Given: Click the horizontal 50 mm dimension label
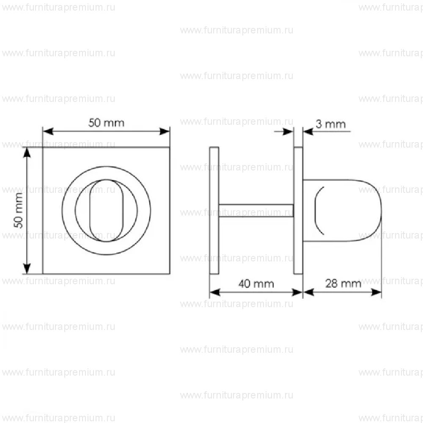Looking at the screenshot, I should (x=106, y=123).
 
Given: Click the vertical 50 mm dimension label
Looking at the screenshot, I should (x=18, y=210).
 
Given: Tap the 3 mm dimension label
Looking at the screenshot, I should (x=330, y=124).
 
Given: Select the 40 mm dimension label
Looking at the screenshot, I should (x=256, y=283).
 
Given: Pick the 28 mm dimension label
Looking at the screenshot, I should (x=343, y=283).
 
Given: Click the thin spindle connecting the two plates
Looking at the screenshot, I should (x=256, y=210).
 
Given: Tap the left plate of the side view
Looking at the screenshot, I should (x=214, y=210).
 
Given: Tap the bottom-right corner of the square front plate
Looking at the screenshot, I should (x=170, y=274).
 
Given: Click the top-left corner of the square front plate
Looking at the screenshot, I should (x=43, y=148).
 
